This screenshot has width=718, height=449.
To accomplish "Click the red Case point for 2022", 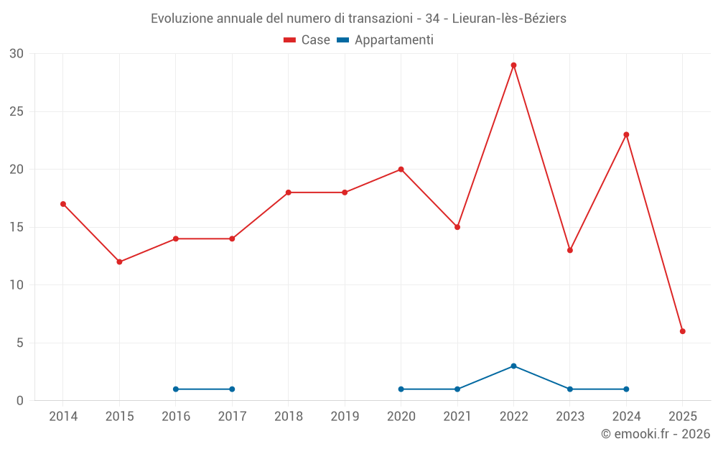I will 513,65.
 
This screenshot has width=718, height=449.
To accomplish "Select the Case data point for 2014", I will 63,204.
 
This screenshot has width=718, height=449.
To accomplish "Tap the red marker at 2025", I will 683,331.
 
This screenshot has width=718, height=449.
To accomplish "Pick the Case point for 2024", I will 626,134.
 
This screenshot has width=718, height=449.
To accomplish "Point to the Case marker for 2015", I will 119,261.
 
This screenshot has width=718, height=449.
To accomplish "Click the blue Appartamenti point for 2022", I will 513,366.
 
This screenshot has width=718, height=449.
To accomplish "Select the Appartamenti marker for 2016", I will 176,389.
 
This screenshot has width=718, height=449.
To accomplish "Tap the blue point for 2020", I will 401,389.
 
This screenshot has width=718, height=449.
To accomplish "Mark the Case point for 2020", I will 401,170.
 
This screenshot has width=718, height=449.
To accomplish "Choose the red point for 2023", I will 570,250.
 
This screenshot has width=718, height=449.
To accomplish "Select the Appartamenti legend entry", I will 386,40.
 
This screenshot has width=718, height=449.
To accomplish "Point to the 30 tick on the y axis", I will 17,54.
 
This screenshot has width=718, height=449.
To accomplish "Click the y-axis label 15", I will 17,227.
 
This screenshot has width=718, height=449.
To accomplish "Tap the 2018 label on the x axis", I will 289,417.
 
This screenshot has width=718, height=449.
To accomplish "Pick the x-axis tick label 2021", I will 457,417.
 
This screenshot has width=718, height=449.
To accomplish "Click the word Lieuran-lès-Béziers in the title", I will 509,19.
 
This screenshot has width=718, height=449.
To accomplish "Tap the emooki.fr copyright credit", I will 656,434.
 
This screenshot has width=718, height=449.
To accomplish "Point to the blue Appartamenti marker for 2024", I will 626,389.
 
